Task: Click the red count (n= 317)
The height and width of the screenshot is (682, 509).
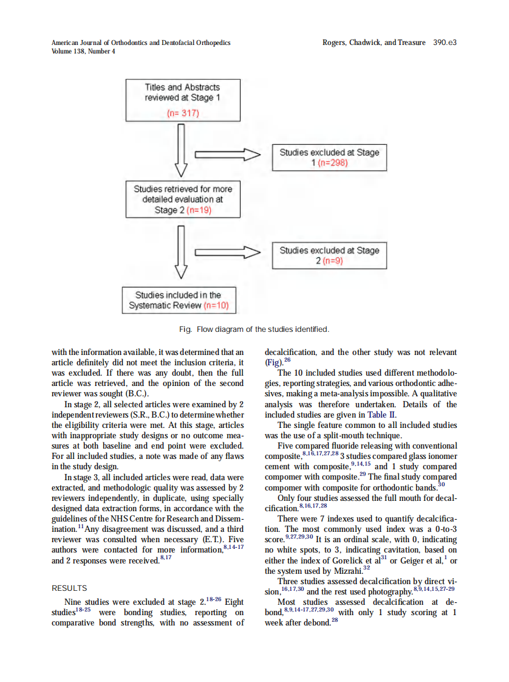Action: tap(182, 113)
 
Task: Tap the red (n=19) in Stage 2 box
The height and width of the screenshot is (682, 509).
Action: tap(199, 210)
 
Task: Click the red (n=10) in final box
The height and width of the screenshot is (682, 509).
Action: tap(216, 306)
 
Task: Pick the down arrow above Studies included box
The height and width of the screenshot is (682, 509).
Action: tap(181, 250)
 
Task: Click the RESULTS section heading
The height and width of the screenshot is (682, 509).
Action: tap(69, 588)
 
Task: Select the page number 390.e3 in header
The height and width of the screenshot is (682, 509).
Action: tap(445, 43)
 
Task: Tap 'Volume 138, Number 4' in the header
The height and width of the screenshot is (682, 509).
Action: tap(83, 51)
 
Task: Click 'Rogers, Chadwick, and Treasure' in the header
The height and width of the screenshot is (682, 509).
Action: tap(374, 43)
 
